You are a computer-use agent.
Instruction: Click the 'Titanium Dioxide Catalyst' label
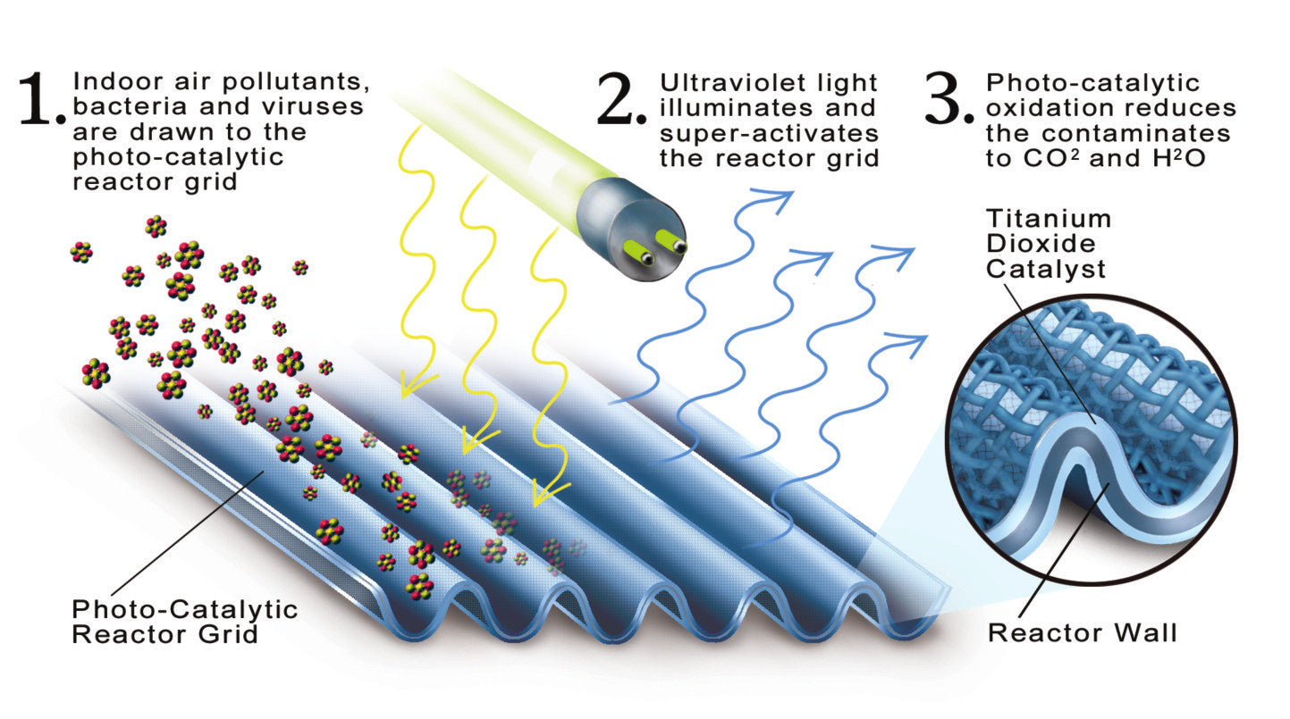1049,243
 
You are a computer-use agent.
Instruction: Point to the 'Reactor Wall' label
1082,634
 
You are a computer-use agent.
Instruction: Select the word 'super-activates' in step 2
769,134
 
